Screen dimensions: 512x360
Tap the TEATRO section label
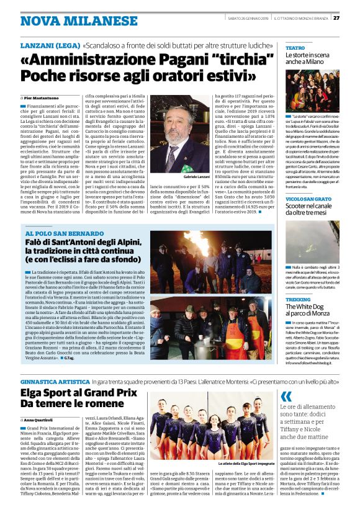point(295,48)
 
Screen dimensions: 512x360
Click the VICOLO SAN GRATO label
point(310,199)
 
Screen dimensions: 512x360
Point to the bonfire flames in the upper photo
point(204,244)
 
